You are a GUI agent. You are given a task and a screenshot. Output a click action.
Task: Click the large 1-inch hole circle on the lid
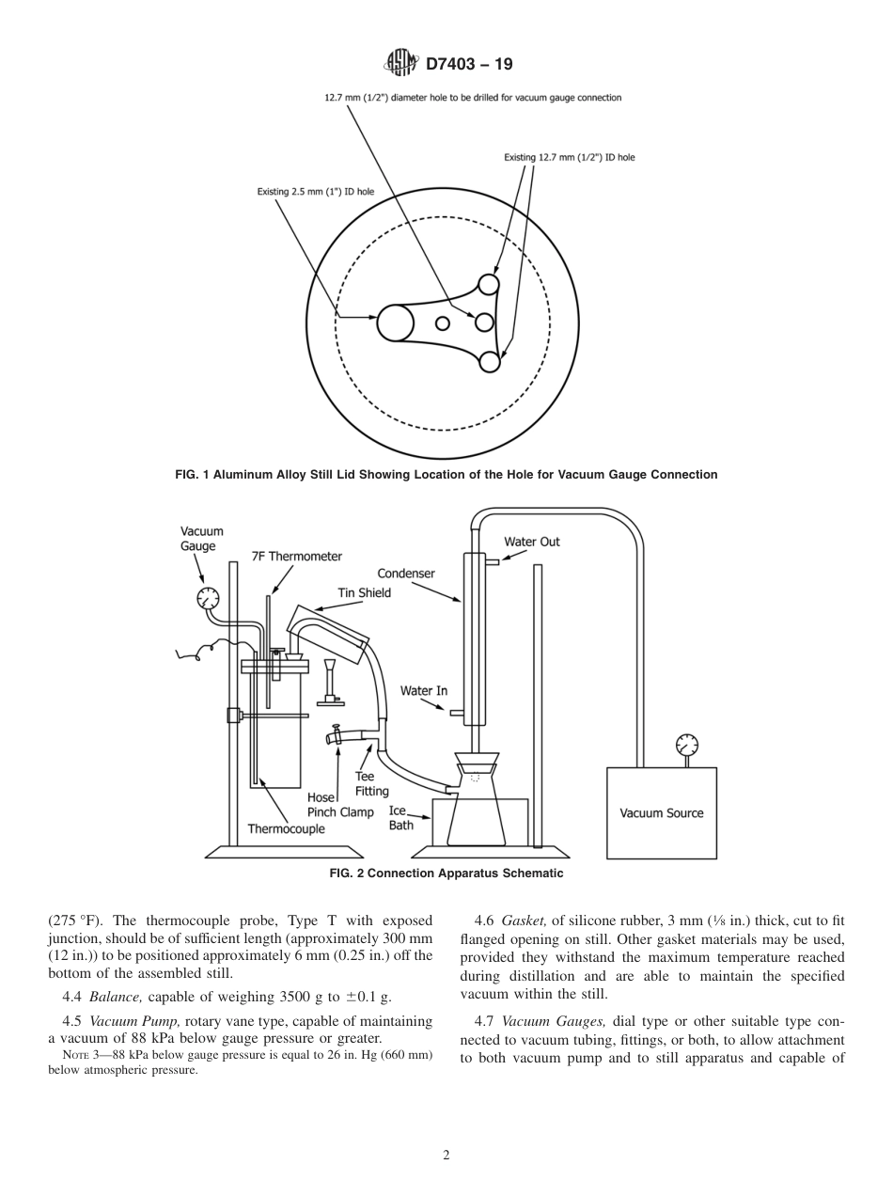pos(395,323)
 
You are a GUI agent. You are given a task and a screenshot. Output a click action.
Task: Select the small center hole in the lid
pos(442,323)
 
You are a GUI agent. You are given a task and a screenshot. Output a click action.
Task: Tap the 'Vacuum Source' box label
pos(661,813)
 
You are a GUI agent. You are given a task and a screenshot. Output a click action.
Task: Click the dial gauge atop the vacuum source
pos(687,746)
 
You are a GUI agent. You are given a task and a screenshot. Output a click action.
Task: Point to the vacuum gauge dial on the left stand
pos(208,597)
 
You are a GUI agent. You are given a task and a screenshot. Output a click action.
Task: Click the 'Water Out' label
pos(531,542)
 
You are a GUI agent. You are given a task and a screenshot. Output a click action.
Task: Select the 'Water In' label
pos(424,691)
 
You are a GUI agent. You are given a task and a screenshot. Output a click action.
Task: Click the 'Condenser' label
pos(406,573)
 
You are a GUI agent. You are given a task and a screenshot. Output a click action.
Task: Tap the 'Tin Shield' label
pos(364,592)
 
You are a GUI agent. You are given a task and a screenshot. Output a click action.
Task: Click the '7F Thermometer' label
pos(296,557)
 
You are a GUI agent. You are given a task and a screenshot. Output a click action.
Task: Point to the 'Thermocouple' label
pos(286,828)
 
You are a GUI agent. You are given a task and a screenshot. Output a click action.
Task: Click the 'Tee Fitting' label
pos(371,783)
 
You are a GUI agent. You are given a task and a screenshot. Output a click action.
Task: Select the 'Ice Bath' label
pos(400,817)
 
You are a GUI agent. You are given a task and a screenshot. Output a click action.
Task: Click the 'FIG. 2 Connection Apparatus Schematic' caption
pos(446,873)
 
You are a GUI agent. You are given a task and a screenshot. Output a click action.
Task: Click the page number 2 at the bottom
pos(446,1156)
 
